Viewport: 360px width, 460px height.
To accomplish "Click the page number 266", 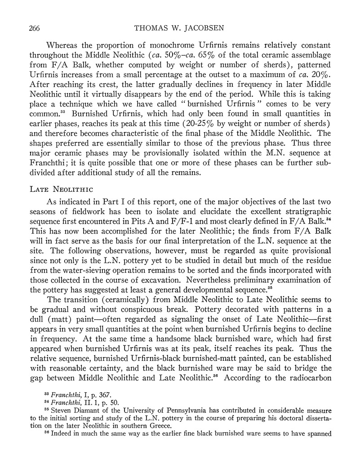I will tap(34, 28).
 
